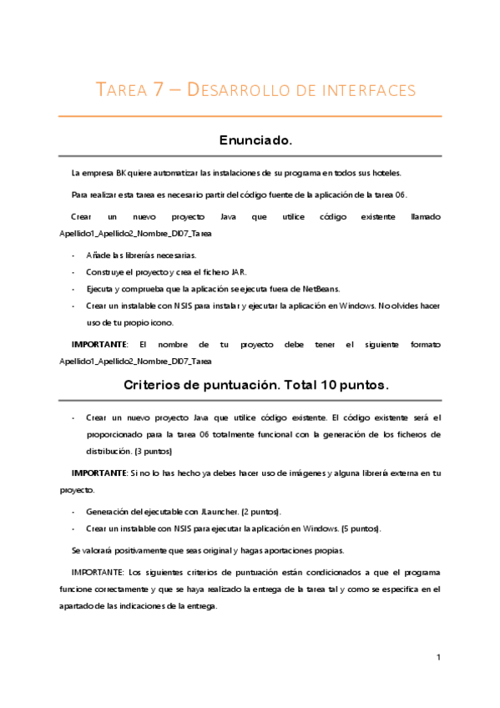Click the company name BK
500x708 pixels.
click(x=122, y=173)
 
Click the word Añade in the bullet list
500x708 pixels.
click(x=97, y=255)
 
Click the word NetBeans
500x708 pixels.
click(x=320, y=289)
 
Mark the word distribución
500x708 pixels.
click(x=109, y=451)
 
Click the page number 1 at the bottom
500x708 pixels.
click(x=438, y=659)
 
